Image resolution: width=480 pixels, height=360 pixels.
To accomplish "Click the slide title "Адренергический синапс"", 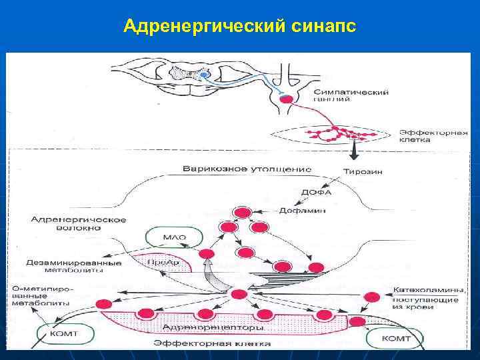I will (240, 27).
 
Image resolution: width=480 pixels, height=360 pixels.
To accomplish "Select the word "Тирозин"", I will (363, 171).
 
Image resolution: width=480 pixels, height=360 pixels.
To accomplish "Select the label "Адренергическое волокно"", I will (66, 223).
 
